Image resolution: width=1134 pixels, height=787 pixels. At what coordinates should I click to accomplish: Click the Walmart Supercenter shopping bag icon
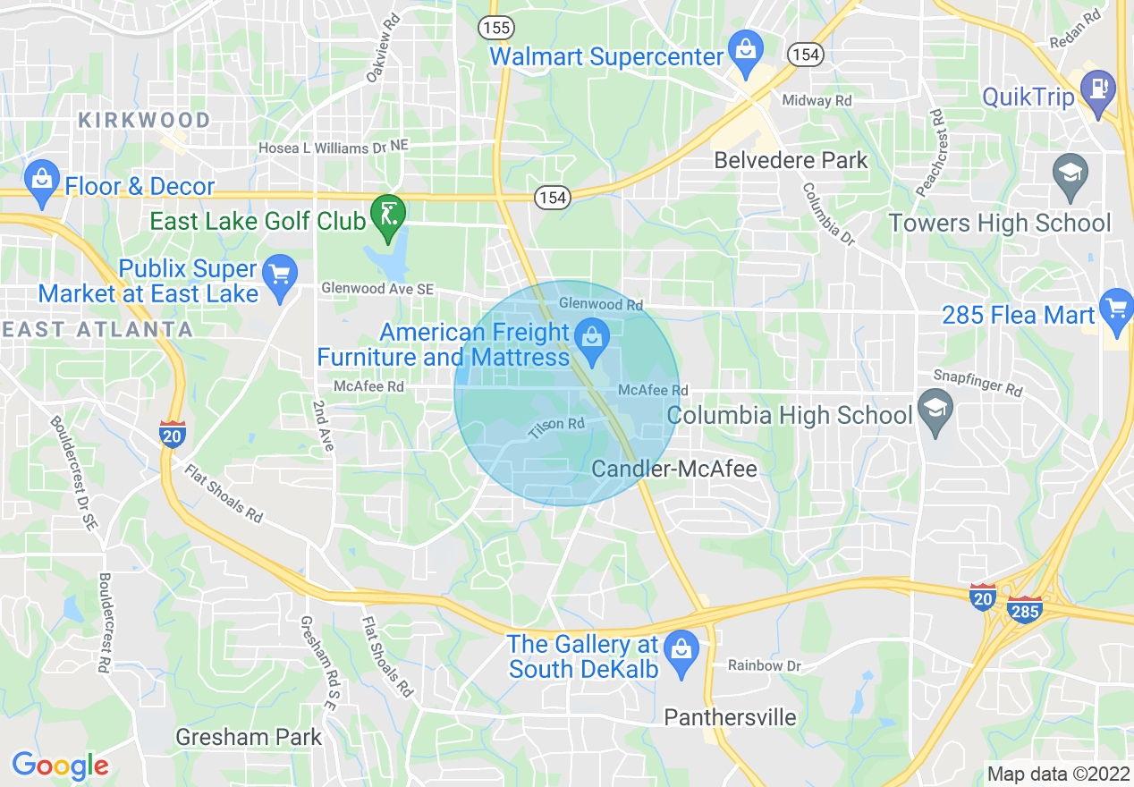point(744,47)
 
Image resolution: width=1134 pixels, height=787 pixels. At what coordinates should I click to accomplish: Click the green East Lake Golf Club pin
point(388,216)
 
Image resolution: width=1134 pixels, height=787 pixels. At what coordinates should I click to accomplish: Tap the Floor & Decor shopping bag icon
point(41,179)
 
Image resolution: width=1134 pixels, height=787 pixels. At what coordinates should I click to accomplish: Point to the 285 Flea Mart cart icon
point(1116,309)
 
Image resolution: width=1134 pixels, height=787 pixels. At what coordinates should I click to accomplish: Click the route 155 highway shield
point(495,27)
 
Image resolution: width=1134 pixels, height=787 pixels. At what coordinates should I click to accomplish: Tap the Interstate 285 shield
point(1024,610)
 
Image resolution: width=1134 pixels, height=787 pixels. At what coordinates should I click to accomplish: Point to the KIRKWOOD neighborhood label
point(144,120)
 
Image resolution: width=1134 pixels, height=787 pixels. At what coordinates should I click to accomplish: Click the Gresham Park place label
point(249,737)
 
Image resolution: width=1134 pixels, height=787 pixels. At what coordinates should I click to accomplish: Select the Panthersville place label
point(730,717)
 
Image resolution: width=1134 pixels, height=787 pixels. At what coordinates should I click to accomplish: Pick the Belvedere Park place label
point(791,160)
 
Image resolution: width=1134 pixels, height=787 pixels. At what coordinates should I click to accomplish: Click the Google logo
point(60,766)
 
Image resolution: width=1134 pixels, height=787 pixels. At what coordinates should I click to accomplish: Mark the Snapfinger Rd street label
point(977,383)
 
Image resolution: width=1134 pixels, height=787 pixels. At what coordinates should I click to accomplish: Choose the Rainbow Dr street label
point(764,665)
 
